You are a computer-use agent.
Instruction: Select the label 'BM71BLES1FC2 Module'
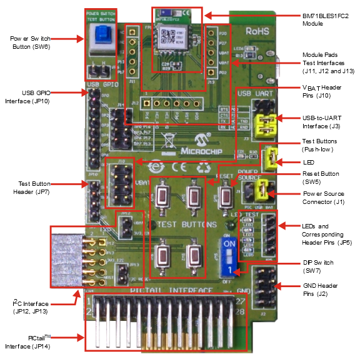tap(322, 19)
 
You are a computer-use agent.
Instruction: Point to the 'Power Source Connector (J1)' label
tap(323, 198)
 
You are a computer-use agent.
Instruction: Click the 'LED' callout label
tap(309, 161)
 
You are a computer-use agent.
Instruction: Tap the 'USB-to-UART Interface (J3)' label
tap(322, 122)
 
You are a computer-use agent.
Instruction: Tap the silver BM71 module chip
tap(169, 39)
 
